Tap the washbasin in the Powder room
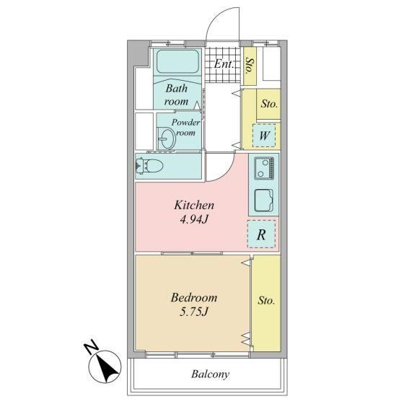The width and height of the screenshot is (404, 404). point(167,139)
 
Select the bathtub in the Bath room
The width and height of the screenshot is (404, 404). point(177,61)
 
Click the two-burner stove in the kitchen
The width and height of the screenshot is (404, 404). point(264,168)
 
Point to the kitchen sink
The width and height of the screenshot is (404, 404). point(264,201)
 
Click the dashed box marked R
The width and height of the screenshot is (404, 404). point(261,234)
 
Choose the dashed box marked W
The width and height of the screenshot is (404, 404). point(264,136)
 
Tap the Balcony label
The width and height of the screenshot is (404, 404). point(210,374)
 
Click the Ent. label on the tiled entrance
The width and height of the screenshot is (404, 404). point(224,64)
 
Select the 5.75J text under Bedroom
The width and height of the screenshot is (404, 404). point(193,312)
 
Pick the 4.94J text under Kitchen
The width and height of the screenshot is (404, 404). point(193,219)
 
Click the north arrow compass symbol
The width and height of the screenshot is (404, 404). point(105,366)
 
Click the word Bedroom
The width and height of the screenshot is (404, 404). point(194,297)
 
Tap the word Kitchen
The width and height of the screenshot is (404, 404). point(194,205)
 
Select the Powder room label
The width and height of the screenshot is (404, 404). point(185,127)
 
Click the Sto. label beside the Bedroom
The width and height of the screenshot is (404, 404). point(266,300)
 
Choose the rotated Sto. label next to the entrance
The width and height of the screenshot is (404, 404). point(250,66)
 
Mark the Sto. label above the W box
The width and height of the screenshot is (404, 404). point(269,104)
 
